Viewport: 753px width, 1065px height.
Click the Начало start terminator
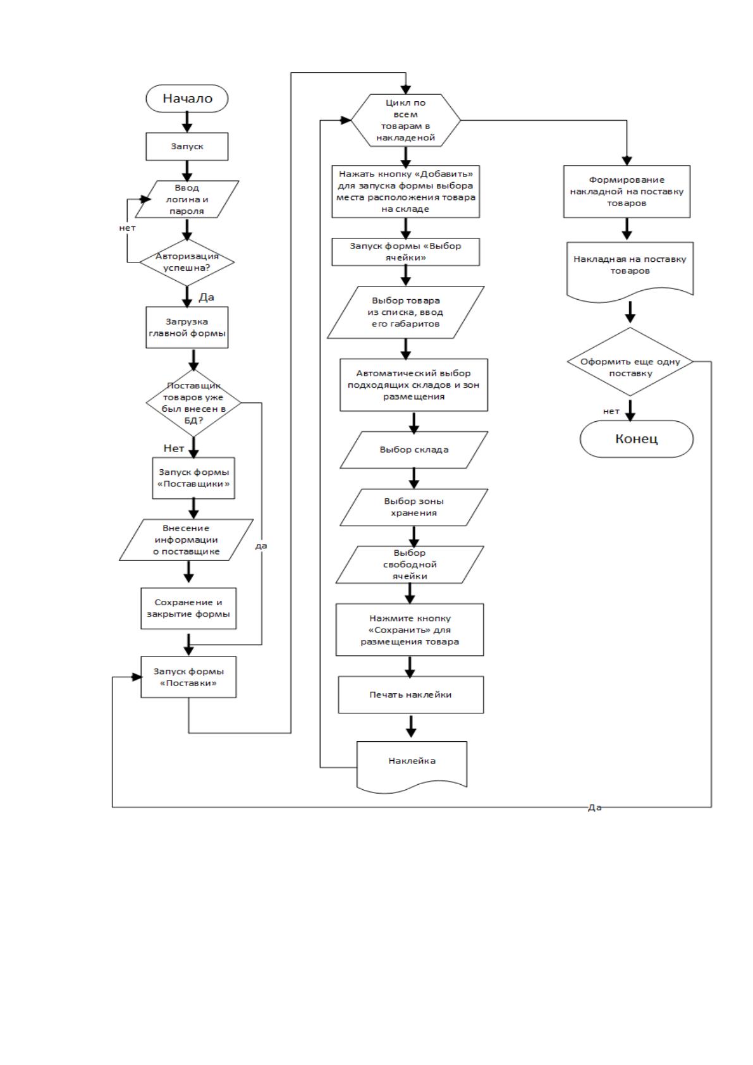187,99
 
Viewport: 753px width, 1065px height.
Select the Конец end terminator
637,439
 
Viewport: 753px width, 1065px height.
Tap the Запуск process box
187,147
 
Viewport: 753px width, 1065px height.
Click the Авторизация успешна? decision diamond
187,262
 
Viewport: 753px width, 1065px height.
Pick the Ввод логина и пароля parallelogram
187,199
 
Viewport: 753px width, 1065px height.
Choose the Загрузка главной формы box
187,327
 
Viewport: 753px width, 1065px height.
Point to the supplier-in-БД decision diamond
193,403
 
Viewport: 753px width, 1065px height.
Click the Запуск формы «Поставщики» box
193,478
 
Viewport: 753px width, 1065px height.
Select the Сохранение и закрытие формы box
188,608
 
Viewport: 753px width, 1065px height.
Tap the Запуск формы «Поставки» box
188,677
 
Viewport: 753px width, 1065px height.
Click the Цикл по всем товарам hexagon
405,120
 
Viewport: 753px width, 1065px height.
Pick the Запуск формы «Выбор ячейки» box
405,252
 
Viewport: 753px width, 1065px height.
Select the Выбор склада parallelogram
413,450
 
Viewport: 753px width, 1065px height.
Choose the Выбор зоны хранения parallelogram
413,507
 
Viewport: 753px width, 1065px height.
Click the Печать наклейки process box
411,694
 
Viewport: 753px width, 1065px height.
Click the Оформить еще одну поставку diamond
630,361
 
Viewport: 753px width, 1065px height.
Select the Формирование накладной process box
627,192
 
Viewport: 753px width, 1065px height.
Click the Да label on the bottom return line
595,808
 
